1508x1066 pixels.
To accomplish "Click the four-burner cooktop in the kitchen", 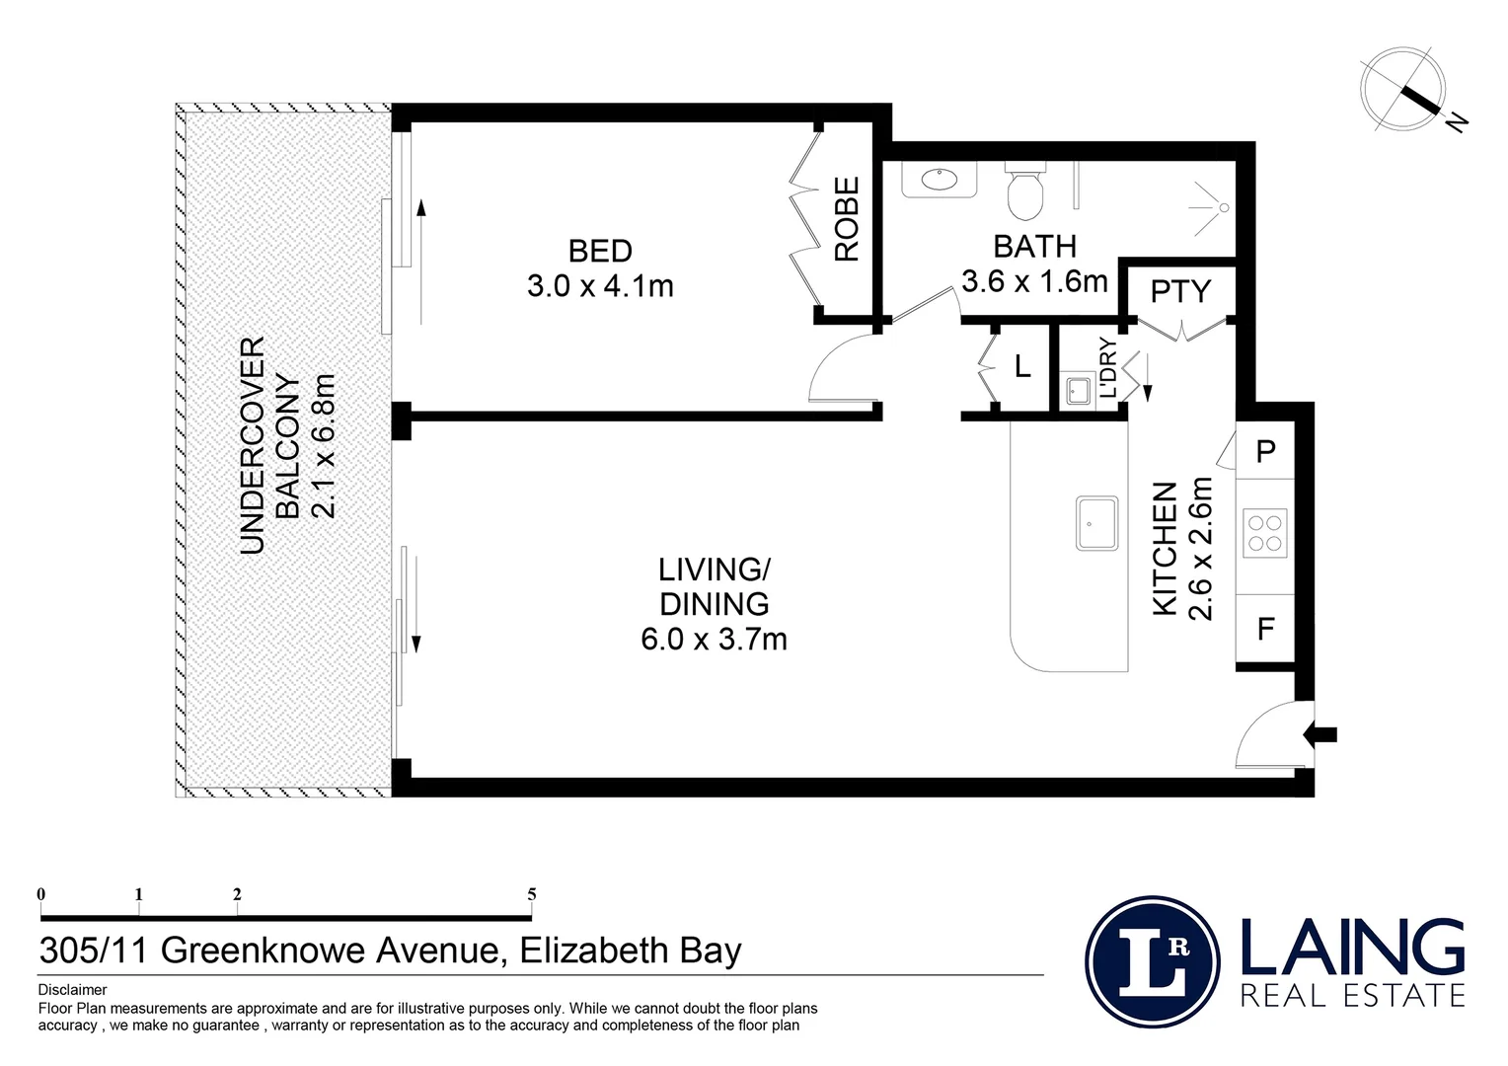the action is click(1264, 533).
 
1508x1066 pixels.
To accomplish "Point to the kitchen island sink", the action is click(1096, 523).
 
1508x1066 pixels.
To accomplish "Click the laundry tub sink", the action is click(1078, 391).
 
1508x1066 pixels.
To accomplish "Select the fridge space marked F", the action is click(1265, 629).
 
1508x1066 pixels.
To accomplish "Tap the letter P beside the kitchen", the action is click(1265, 450).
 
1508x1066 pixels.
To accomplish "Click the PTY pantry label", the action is click(1180, 291).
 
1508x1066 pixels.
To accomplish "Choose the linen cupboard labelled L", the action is click(1021, 367).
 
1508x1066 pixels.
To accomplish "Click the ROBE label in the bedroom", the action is click(847, 219).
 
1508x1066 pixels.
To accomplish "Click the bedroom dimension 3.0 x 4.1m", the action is click(600, 286).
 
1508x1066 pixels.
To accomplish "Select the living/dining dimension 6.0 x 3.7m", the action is click(714, 639).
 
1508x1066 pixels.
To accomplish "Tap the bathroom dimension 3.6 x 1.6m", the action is click(1034, 280).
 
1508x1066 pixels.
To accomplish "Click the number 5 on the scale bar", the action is click(532, 894).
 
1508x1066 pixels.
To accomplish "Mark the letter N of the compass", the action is click(1457, 122).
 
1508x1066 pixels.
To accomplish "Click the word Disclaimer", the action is click(72, 990).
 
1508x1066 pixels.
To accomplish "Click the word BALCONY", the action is click(288, 446).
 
